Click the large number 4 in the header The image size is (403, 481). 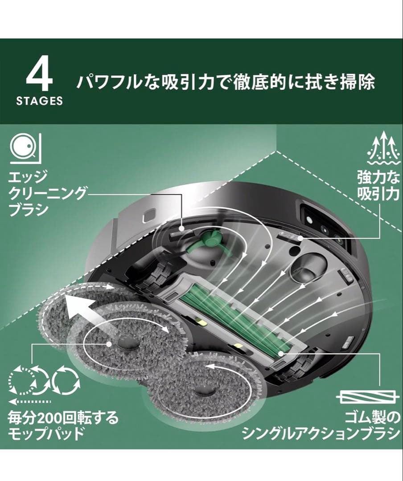tap(40, 77)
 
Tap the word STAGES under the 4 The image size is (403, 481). tap(40, 101)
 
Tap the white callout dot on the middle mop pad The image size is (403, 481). tap(109, 344)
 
